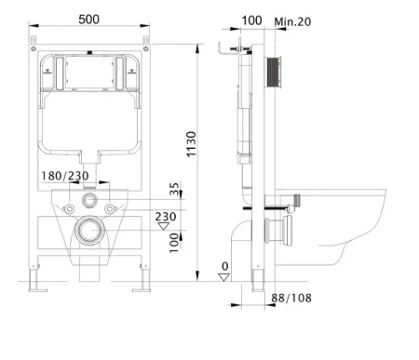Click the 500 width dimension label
click(88, 20)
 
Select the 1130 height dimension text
click(191, 144)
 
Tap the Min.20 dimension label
click(292, 21)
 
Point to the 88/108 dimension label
click(291, 298)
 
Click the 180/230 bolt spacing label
click(65, 176)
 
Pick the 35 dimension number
click(174, 189)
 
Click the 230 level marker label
click(166, 216)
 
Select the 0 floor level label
click(224, 266)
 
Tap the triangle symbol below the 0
click(224, 277)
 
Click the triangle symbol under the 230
click(164, 226)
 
